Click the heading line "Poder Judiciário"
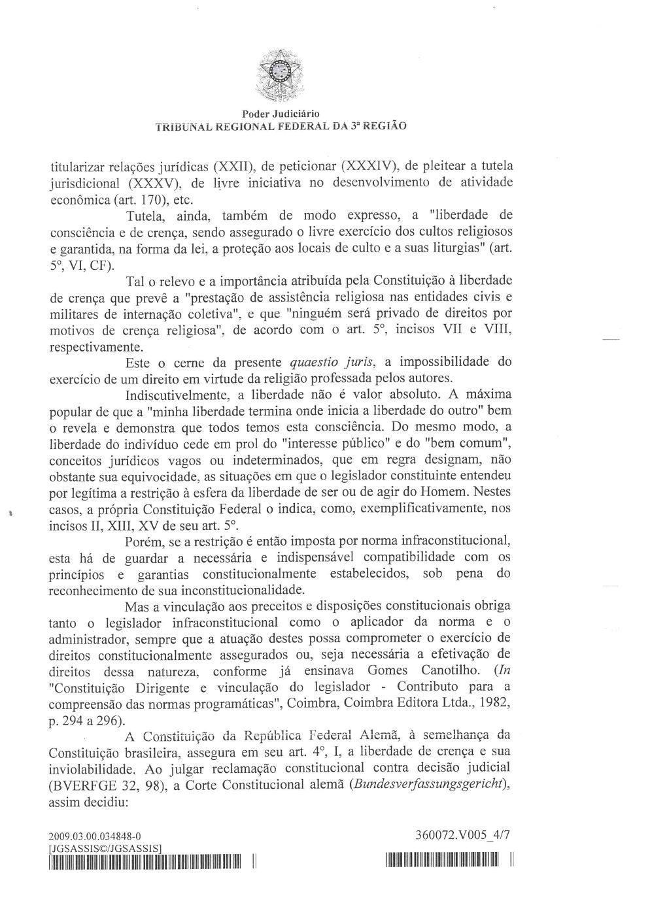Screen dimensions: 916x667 [x=281, y=114]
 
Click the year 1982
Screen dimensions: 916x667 [x=494, y=703]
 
